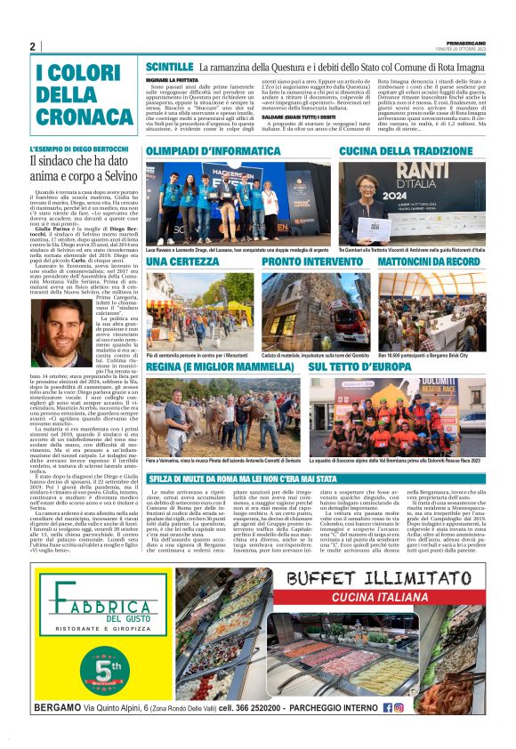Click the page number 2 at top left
[x=32, y=47]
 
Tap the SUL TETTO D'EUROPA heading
[x=385, y=366]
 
